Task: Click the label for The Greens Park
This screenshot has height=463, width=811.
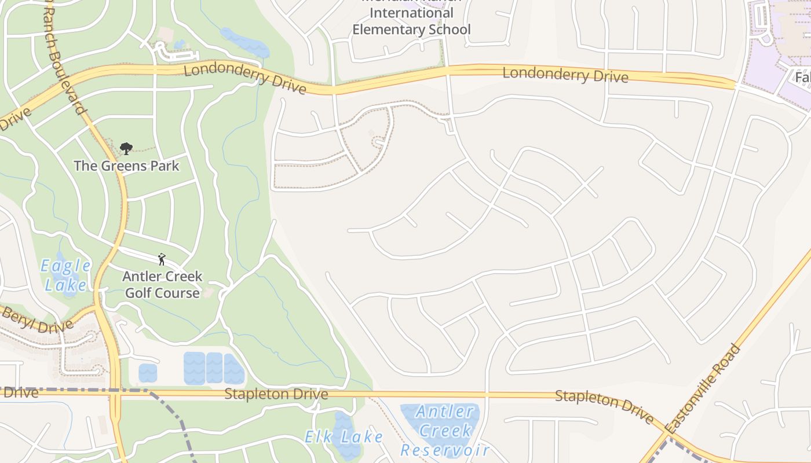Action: coord(126,166)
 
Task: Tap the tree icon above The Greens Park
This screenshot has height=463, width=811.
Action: coord(126,149)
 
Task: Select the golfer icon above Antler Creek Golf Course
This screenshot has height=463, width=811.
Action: coord(162,259)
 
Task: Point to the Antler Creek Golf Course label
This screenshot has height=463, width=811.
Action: coord(162,284)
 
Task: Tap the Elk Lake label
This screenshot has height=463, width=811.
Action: coord(344,436)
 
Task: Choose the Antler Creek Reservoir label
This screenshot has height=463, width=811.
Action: coord(445,431)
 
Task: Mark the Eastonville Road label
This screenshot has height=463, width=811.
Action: coord(703,389)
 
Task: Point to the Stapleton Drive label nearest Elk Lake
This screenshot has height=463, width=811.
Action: coord(276,394)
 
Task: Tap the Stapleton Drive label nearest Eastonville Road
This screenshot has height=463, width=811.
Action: coord(604,405)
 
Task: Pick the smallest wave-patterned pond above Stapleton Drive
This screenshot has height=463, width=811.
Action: coord(148,373)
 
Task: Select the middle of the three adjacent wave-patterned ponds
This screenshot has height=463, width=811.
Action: coord(214,368)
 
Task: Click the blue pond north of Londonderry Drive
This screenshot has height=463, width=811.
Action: coord(244,42)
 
